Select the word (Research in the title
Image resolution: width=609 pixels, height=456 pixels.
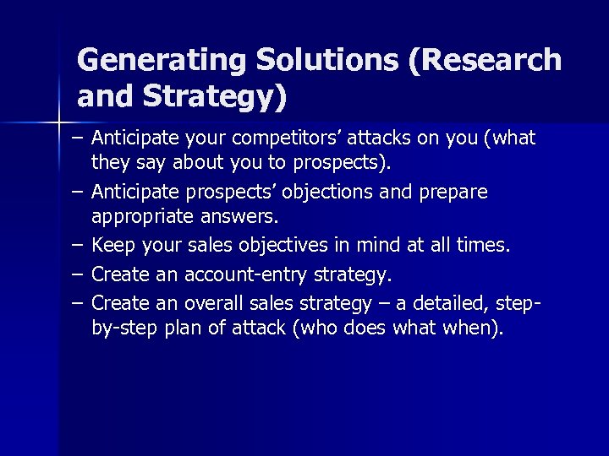pos(488,61)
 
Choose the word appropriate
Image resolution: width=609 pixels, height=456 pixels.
pos(144,218)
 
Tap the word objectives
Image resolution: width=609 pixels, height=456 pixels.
pos(287,246)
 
